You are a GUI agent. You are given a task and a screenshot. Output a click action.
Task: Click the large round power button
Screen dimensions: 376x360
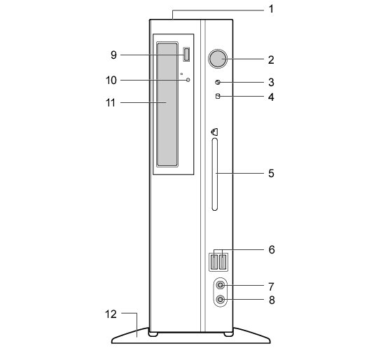(218, 59)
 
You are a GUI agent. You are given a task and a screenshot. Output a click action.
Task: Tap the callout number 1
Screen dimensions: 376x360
(271, 9)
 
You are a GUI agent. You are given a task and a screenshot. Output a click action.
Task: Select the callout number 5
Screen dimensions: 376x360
(271, 174)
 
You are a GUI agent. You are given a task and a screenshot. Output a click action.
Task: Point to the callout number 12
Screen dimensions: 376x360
(111, 314)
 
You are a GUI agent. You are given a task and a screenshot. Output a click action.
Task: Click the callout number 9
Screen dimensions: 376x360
(113, 55)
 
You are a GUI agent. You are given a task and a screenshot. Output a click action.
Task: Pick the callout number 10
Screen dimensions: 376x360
(111, 81)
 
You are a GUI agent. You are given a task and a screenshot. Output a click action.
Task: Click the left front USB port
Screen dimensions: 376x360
(214, 262)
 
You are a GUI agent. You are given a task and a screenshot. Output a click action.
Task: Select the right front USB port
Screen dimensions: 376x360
(223, 262)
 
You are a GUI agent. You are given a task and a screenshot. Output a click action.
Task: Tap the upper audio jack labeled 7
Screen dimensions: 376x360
(220, 286)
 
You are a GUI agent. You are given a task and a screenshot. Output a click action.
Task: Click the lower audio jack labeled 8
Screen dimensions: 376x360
(220, 300)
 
